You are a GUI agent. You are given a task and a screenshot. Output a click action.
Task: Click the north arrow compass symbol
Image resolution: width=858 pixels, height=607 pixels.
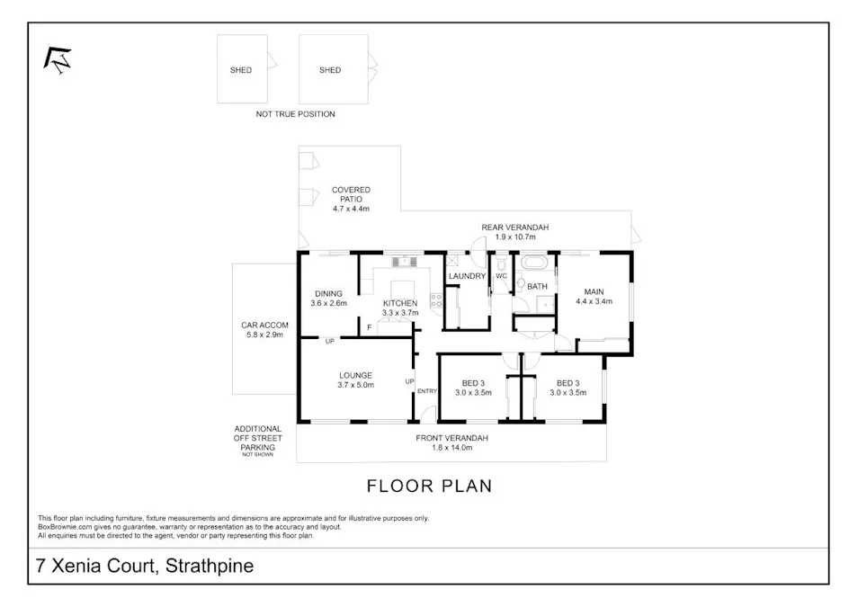(x=58, y=59)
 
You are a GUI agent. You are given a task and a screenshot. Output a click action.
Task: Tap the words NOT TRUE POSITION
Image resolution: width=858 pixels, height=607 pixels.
(x=295, y=114)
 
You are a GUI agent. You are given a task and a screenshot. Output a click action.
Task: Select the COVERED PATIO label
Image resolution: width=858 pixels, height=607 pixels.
(x=351, y=190)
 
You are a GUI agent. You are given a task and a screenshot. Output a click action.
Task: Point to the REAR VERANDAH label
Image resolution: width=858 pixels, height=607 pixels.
(x=514, y=228)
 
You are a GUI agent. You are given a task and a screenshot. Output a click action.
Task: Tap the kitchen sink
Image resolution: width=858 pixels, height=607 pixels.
(x=402, y=262)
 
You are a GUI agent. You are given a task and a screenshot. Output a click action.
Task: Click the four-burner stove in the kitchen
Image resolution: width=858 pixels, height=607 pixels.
(x=436, y=301)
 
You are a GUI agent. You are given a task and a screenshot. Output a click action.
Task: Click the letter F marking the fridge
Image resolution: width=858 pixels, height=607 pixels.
(x=369, y=327)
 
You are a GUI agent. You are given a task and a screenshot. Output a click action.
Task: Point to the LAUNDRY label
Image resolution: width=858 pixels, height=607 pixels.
(x=467, y=276)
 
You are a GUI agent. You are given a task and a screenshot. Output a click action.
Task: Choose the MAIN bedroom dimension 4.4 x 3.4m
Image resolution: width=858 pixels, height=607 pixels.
(x=594, y=302)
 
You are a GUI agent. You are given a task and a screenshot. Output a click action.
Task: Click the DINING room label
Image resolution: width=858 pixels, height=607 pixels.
(x=327, y=293)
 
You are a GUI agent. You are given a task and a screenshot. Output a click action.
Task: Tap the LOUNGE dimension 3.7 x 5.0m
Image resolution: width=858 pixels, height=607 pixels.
(x=355, y=385)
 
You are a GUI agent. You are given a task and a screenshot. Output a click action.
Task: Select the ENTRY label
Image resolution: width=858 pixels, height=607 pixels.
(x=427, y=390)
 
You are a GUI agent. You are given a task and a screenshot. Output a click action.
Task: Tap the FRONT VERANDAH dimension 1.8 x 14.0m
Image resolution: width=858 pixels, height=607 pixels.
(x=451, y=447)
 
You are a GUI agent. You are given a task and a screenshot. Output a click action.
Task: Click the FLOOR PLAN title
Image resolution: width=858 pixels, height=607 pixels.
(x=429, y=486)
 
